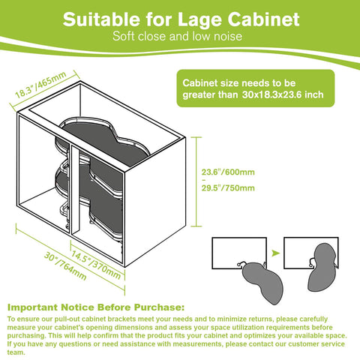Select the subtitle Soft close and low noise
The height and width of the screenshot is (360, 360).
pyautogui.click(x=177, y=36)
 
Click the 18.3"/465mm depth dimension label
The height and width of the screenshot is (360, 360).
pyautogui.click(x=40, y=85)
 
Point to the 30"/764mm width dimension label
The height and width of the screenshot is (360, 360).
pyautogui.click(x=65, y=265)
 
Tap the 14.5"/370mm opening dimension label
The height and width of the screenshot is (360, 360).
pyautogui.click(x=96, y=265)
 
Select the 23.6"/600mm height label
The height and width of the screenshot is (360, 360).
pyautogui.click(x=228, y=172)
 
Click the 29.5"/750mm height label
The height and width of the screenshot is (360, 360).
pyautogui.click(x=228, y=188)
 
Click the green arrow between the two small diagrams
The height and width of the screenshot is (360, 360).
pyautogui.click(x=275, y=253)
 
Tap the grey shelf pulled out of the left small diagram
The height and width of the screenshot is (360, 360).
pyautogui.click(x=262, y=282)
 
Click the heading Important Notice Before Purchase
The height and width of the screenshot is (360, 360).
pyautogui.click(x=96, y=307)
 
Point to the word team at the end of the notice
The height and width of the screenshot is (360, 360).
pyautogui.click(x=16, y=352)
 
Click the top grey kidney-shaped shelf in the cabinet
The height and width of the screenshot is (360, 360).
pyautogui.click(x=105, y=140)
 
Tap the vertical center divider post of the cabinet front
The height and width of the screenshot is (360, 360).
pyautogui.click(x=76, y=190)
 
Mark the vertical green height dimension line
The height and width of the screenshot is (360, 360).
pyautogui.click(x=196, y=181)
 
